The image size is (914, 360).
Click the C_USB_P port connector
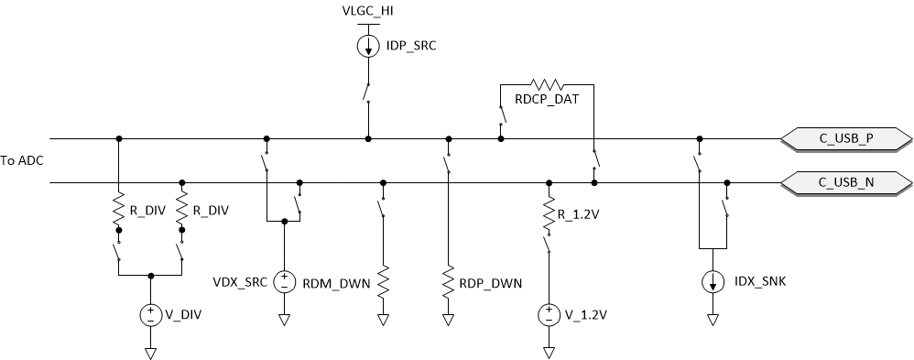click(846, 139)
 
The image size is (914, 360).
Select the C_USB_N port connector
click(846, 182)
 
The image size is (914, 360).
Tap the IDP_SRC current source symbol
click(368, 46)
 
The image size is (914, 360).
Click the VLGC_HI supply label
click(368, 11)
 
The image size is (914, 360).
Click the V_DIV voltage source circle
click(149, 315)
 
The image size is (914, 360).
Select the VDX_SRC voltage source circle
click(284, 281)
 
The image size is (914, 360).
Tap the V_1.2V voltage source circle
click(549, 315)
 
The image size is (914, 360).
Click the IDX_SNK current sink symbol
click(712, 282)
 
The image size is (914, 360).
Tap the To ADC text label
click(23, 160)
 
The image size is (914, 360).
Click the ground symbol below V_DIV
click(149, 352)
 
